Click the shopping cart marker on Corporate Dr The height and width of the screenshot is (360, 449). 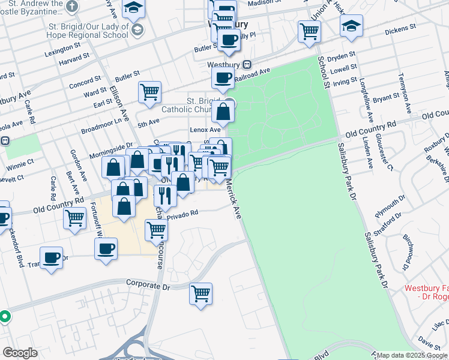point(200,293)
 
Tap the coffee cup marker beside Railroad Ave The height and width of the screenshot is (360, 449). point(223,77)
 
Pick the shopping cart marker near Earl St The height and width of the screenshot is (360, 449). point(149,92)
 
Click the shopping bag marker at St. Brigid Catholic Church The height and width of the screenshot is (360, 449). point(223,111)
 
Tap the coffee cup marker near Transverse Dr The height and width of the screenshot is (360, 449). point(52,258)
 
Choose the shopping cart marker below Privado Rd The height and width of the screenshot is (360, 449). point(156,229)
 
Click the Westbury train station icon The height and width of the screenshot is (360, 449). point(247,65)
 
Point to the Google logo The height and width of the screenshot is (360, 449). point(20,353)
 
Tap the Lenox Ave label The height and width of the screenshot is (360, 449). point(205,129)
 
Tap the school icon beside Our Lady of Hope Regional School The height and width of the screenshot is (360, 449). point(137,30)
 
